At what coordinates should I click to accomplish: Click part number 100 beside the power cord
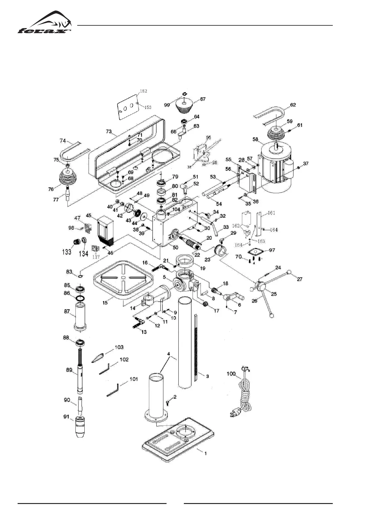coord(231,374)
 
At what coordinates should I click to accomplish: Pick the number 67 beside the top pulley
coord(203,99)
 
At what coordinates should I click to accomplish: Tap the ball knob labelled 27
coord(290,272)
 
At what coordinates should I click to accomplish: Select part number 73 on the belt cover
coord(108,131)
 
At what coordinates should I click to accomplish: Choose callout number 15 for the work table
coord(105,302)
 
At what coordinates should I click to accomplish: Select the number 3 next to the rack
coord(207,376)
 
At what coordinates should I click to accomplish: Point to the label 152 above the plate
coord(143,91)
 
